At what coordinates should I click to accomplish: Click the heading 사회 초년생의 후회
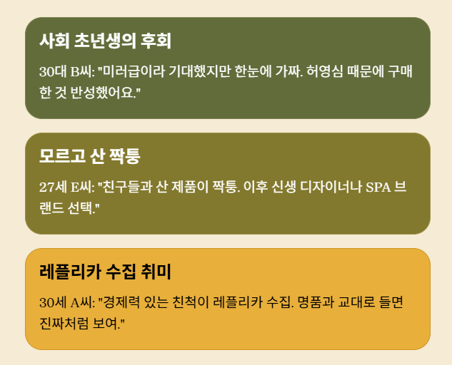(105, 41)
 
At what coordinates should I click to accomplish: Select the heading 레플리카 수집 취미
(105, 272)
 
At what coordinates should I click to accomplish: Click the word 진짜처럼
(59, 324)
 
